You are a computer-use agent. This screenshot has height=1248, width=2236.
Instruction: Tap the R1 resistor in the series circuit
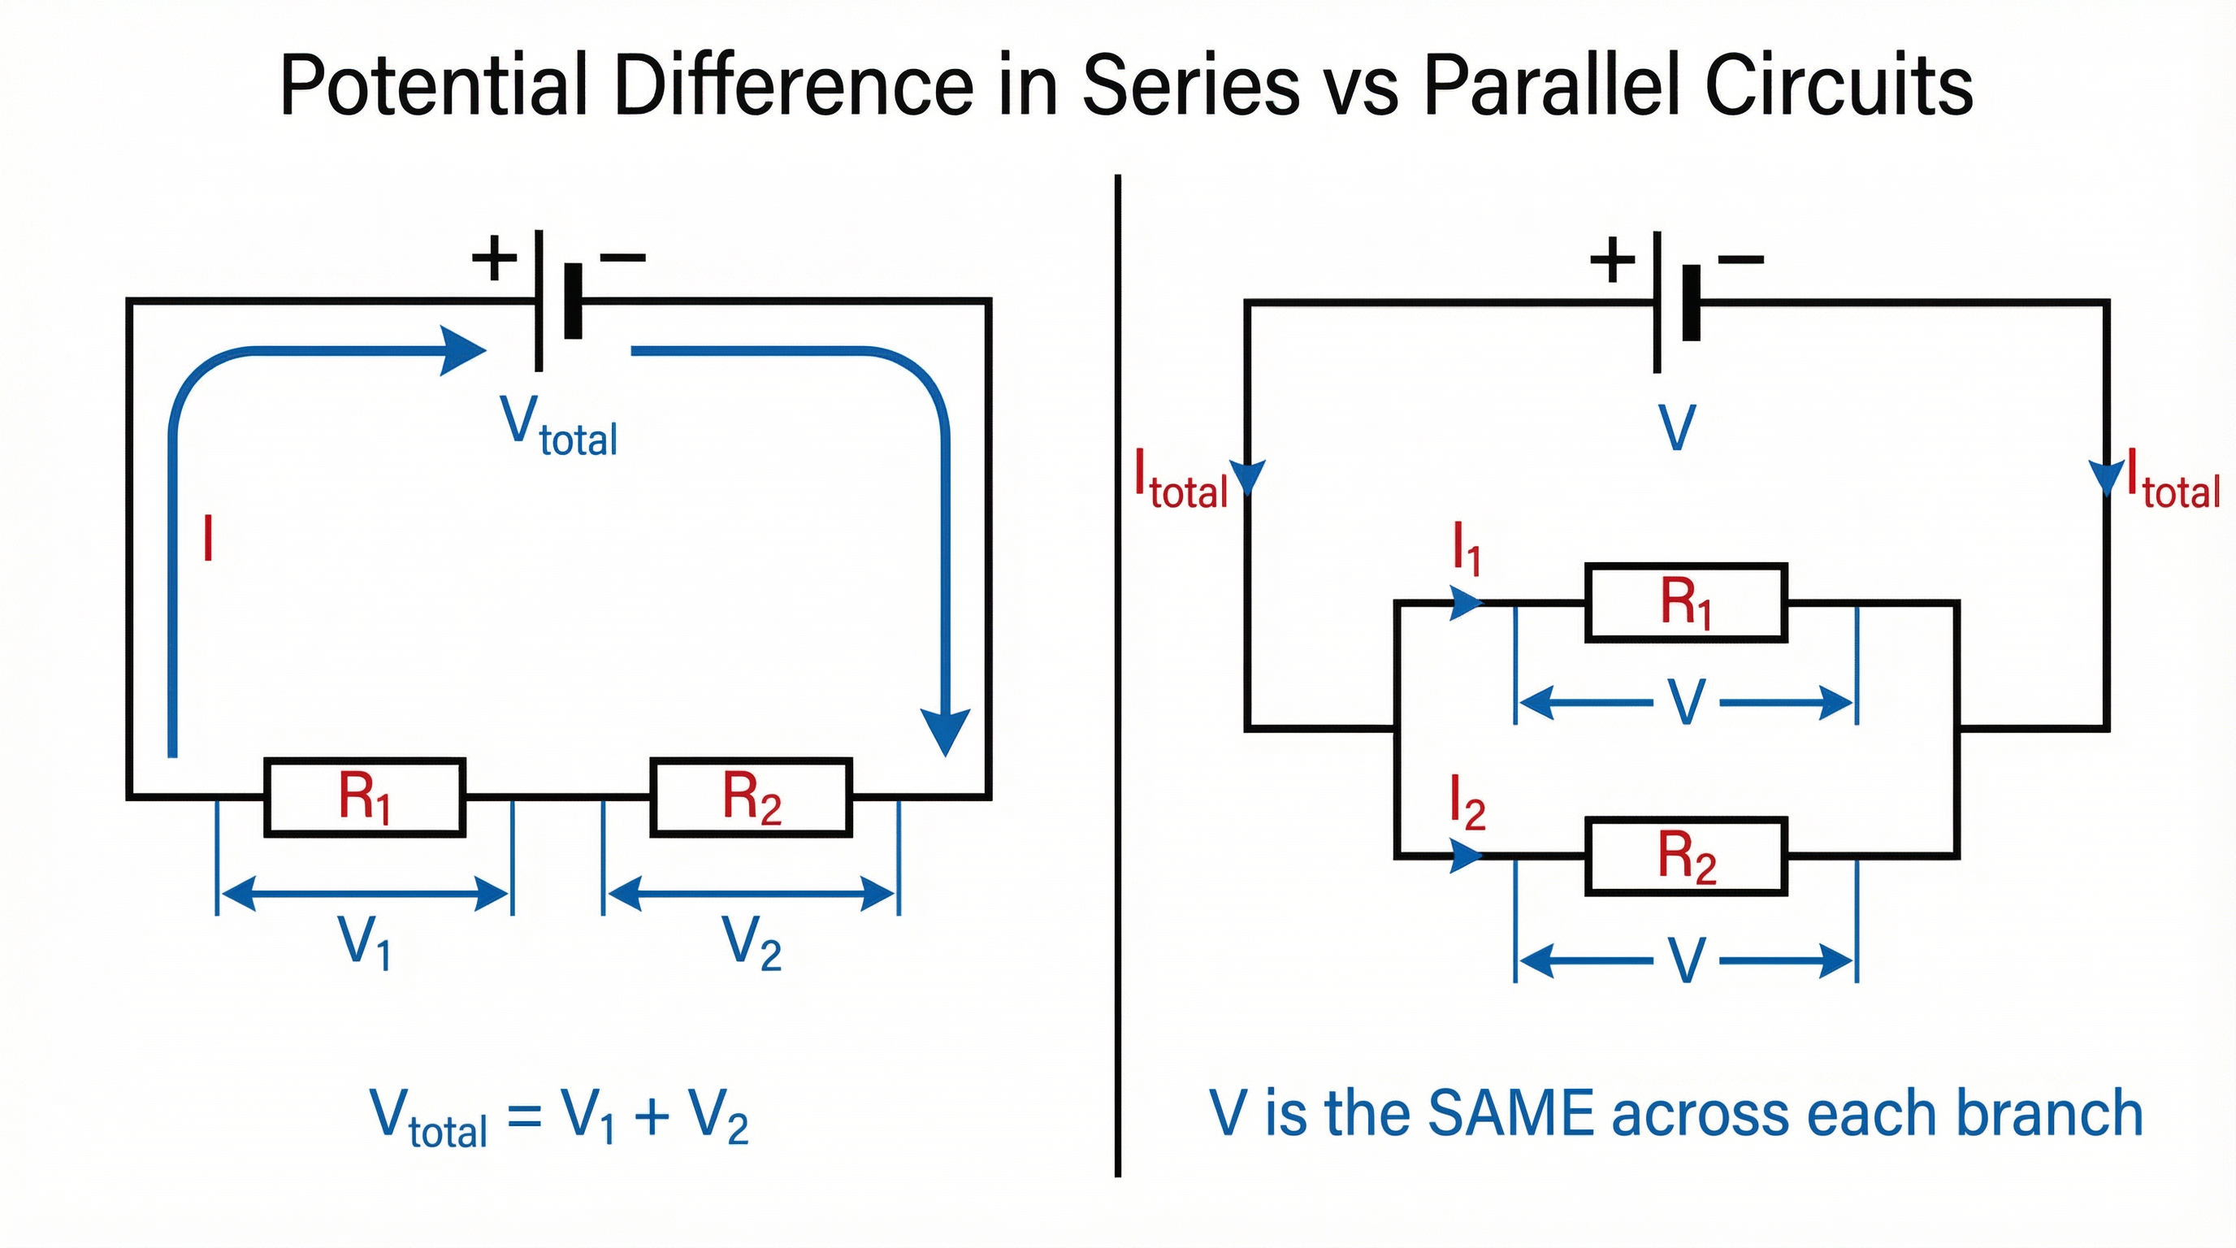(365, 797)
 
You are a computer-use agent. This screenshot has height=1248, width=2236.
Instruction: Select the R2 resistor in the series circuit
(752, 797)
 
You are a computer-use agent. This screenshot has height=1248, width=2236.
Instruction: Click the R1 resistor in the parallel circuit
(1686, 602)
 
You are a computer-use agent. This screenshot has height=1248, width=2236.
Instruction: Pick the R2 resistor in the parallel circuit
(1686, 856)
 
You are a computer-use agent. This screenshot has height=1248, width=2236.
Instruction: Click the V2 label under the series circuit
(752, 942)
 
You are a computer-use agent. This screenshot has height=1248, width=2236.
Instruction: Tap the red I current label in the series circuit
(207, 538)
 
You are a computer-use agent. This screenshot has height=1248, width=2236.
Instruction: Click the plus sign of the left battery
(494, 257)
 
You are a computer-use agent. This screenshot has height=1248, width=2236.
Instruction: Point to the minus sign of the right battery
(1740, 258)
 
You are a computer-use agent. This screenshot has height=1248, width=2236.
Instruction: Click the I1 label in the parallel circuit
(1466, 548)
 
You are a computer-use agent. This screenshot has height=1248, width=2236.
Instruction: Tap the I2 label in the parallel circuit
(1467, 804)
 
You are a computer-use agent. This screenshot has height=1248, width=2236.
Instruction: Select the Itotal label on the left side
(1181, 483)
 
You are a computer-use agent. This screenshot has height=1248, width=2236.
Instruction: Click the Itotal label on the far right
(2172, 483)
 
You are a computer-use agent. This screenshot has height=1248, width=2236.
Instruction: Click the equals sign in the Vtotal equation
(524, 1116)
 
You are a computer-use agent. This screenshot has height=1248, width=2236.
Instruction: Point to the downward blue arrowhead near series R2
(944, 731)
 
